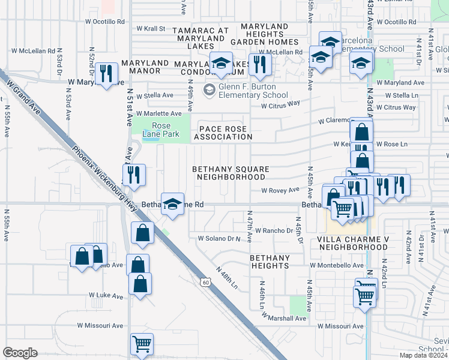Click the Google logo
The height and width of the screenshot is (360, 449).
(x=20, y=353)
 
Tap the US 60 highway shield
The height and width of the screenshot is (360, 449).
(x=205, y=281)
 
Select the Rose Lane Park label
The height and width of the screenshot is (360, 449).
(x=157, y=130)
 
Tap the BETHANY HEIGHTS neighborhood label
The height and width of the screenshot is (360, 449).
(x=270, y=262)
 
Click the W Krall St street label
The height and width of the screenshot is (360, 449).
(x=151, y=28)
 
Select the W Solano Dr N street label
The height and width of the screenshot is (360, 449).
(x=223, y=238)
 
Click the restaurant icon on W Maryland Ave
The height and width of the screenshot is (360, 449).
(x=106, y=74)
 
